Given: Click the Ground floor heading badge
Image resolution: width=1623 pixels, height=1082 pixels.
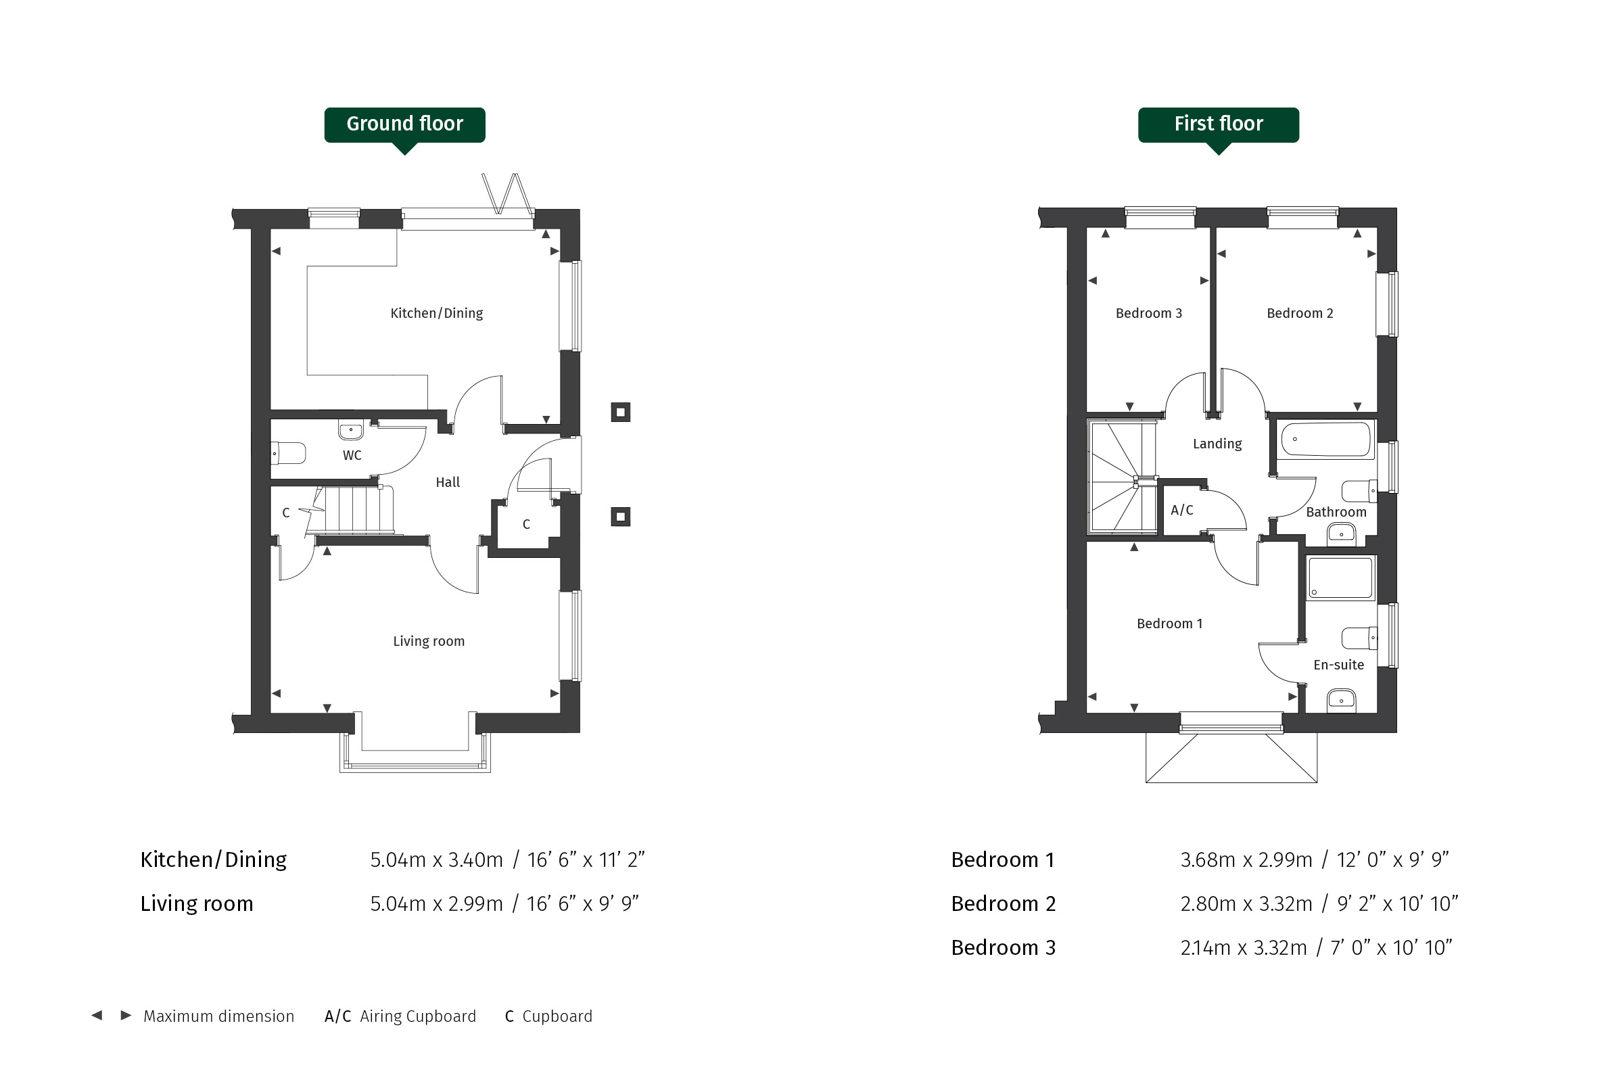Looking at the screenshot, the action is click(x=404, y=125).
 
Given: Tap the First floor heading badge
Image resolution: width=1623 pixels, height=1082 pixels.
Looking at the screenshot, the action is click(x=1219, y=125).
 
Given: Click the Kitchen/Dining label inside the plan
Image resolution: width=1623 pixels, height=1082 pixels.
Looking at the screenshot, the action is click(x=437, y=313).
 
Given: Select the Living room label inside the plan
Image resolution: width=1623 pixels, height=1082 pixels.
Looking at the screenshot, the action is click(x=429, y=641).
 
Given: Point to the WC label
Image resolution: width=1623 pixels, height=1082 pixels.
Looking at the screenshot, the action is click(x=352, y=455).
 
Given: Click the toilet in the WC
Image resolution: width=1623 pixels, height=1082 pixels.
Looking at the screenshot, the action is click(x=289, y=454).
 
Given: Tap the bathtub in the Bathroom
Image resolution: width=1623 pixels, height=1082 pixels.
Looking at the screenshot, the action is click(x=1325, y=439).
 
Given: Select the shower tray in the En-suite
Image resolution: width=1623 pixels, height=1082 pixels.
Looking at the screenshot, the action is click(x=1341, y=578).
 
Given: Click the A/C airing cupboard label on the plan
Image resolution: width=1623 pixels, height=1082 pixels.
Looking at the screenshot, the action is click(x=1182, y=510).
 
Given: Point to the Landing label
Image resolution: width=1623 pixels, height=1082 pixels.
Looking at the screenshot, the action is click(x=1217, y=444).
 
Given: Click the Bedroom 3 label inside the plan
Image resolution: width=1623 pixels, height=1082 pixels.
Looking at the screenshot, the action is click(x=1149, y=313).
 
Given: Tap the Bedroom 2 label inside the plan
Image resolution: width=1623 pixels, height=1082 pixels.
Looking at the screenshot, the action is click(x=1300, y=313).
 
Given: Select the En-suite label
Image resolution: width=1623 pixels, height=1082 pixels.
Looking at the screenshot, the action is click(x=1339, y=665).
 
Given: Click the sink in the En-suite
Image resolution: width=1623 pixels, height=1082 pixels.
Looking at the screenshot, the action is click(x=1342, y=700).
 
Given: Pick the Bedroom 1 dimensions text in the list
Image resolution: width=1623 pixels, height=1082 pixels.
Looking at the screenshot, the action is click(x=1315, y=860).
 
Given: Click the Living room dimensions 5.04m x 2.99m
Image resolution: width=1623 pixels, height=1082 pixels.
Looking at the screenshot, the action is click(x=436, y=904).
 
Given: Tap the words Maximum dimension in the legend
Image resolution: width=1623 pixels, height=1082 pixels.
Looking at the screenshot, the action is click(x=218, y=1016).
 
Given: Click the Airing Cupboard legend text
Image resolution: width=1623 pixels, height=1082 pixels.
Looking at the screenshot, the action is click(x=417, y=1016).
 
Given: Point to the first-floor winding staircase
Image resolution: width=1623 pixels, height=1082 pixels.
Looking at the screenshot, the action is click(x=1123, y=477).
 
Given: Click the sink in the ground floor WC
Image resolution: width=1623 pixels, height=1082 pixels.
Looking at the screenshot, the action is click(x=350, y=431).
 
